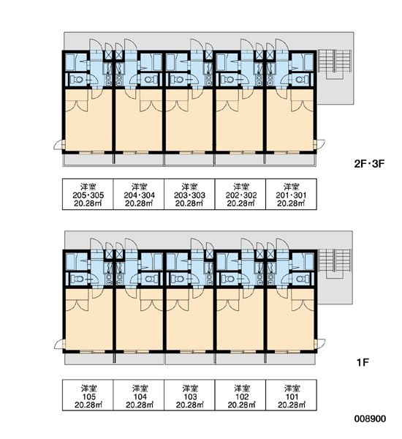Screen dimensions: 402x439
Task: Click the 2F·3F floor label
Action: [369, 163]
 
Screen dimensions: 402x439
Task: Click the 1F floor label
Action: [363, 363]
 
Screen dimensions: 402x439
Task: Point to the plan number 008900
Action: [370, 419]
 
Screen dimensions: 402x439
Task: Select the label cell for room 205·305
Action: [88, 195]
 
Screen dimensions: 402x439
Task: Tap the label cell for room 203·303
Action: [189, 195]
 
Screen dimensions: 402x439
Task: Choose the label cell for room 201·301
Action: [291, 195]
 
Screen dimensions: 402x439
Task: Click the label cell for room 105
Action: [88, 395]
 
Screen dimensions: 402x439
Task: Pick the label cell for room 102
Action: [240, 395]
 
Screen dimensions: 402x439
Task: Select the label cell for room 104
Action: [139, 395]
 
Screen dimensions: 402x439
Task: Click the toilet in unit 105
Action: [76, 279]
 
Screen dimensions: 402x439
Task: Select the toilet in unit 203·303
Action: [177, 80]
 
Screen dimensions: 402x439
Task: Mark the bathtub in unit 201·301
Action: [308, 62]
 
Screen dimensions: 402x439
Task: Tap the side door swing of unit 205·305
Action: [58, 145]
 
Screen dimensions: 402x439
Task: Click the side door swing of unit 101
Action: [321, 344]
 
